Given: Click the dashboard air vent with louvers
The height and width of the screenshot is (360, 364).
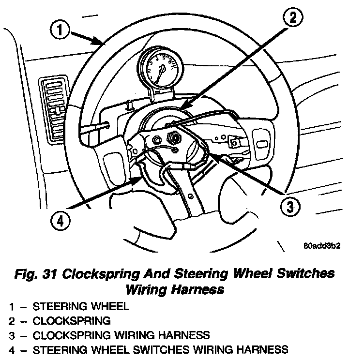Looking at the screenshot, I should (58, 105).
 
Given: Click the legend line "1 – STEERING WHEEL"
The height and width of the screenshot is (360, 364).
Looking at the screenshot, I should (69, 306).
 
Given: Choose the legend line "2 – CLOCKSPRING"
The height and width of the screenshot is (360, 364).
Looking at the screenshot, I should (60, 320).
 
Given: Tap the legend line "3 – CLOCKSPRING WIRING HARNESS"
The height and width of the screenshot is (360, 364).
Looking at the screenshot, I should (109, 335).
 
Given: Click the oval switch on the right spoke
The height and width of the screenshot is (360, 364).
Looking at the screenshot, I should (262, 145).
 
